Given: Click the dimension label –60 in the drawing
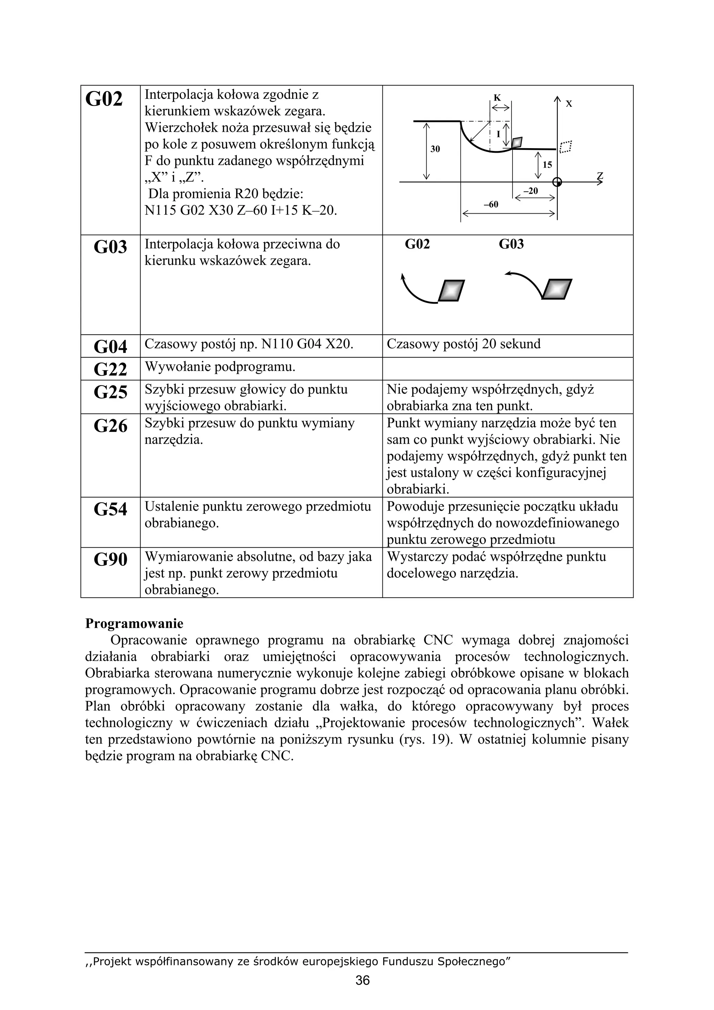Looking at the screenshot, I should (x=491, y=205).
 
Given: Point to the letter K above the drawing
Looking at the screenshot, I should (x=497, y=98).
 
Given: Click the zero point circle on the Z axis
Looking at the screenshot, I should (x=557, y=182).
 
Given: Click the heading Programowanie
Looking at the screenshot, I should (x=134, y=623).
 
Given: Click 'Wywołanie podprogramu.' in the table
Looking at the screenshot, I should (x=220, y=366).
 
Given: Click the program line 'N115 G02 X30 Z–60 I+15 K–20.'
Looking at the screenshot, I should (x=241, y=210).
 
